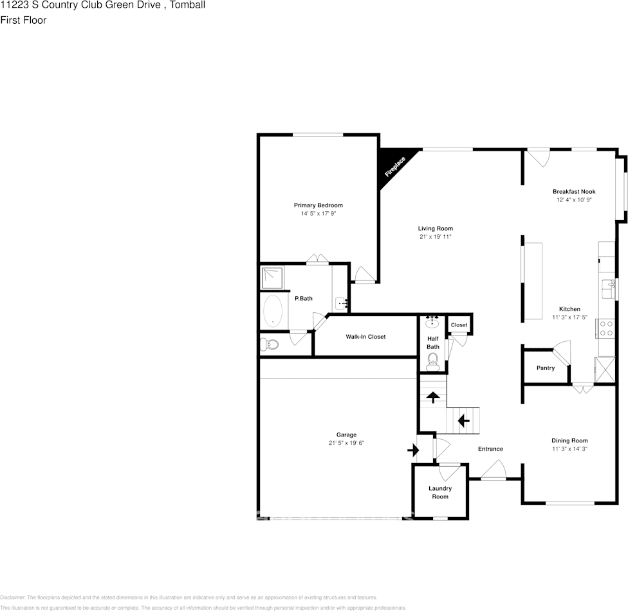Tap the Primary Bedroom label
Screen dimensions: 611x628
pos(319,205)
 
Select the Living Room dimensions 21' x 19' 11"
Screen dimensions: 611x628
pos(436,237)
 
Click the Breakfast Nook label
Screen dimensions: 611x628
pos(574,192)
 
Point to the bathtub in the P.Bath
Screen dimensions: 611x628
pos(273,311)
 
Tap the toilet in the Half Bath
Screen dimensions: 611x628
pos(432,359)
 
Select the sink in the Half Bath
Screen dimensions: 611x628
pos(432,321)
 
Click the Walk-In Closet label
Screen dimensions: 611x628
pos(365,337)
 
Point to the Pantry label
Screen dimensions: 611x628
pos(545,368)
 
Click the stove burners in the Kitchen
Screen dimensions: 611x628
pos(606,329)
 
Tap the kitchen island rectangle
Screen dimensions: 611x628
pos(533,281)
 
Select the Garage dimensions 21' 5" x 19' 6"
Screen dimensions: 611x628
pos(346,443)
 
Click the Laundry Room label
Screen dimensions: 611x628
pos(440,493)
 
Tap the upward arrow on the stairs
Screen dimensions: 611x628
pos(434,397)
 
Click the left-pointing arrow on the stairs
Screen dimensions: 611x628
pos(463,422)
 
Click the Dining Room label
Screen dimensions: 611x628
pos(569,440)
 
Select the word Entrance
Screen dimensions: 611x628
pos(490,449)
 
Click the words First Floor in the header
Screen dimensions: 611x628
pos(23,20)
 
